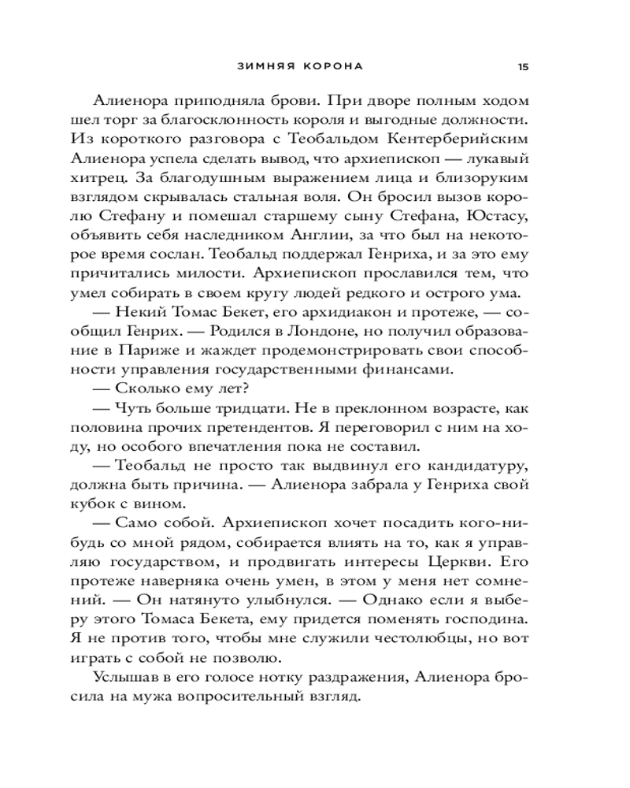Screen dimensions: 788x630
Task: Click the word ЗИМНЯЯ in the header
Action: pyautogui.click(x=265, y=66)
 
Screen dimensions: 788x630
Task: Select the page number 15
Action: pyautogui.click(x=524, y=66)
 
